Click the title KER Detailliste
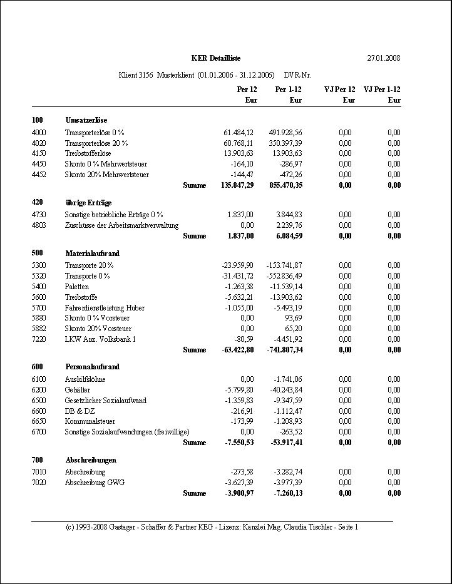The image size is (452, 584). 216,58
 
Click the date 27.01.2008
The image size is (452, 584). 383,58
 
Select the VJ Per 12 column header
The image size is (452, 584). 339,90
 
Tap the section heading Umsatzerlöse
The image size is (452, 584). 86,120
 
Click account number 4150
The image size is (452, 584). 39,153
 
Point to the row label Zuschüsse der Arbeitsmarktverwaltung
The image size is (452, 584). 121,225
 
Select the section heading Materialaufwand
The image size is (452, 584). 92,254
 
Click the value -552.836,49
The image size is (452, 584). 283,276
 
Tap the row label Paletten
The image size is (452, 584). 77,287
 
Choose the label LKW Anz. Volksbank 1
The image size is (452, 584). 100,339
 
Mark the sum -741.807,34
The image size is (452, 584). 282,350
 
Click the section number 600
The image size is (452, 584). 37,367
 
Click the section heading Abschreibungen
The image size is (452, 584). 90,460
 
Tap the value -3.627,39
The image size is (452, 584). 238,483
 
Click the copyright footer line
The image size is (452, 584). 212,527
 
